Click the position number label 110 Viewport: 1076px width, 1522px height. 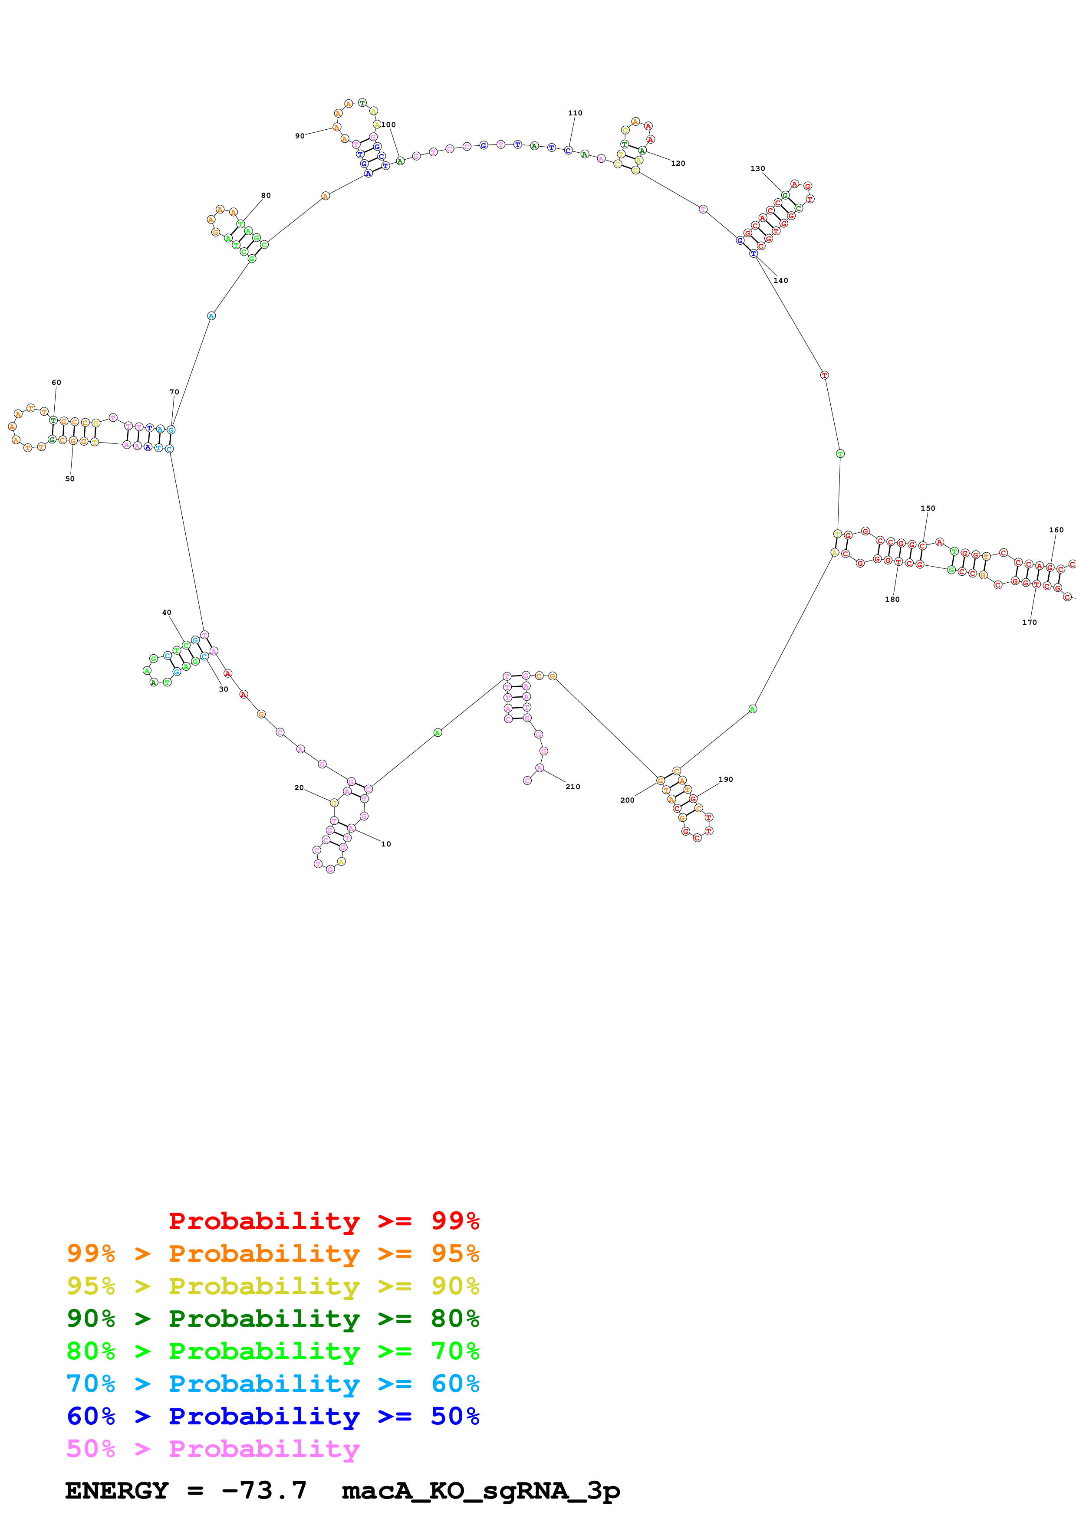point(575,113)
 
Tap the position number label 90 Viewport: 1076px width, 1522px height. point(299,136)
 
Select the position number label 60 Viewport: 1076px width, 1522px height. point(56,383)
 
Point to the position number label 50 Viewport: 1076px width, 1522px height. point(69,479)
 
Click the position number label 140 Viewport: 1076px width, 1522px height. point(780,280)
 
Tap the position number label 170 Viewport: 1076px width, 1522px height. point(1029,623)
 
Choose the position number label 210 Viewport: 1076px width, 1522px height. point(572,787)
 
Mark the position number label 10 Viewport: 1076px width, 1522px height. point(386,844)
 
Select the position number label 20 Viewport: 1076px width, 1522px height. point(299,787)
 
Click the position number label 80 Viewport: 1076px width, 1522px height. point(265,196)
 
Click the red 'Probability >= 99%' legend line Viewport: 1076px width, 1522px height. point(323,1220)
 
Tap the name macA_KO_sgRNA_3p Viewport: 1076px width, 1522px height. point(480,1491)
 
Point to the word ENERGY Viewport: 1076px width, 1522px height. point(117,1491)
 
